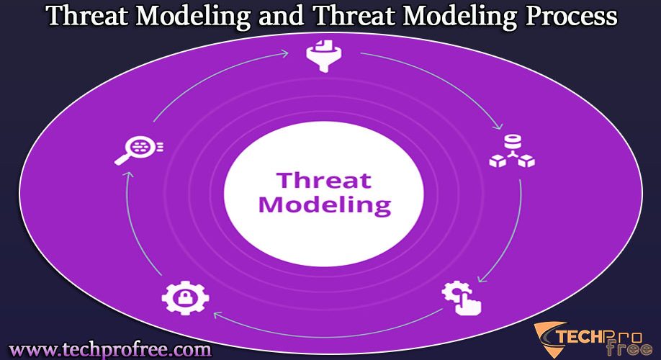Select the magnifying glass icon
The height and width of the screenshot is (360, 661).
(x=139, y=150)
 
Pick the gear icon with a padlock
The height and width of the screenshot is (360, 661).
(x=185, y=298)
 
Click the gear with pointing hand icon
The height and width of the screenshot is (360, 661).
(x=462, y=298)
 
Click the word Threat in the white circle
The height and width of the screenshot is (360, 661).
(x=324, y=181)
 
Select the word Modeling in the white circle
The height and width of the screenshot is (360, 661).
(x=325, y=205)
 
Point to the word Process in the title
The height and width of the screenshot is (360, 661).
(x=571, y=16)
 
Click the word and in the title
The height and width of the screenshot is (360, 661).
(x=282, y=16)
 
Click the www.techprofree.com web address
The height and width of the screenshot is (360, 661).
(x=110, y=350)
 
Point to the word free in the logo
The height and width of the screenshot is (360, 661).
(x=629, y=349)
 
